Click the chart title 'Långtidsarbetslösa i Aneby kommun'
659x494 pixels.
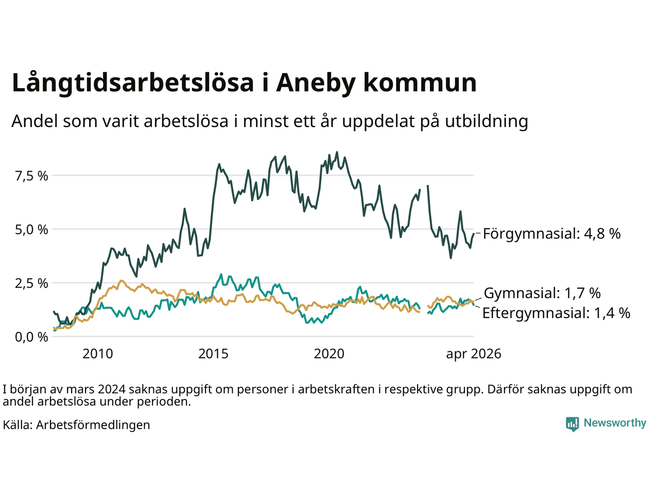244,83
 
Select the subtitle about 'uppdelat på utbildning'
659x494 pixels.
270,121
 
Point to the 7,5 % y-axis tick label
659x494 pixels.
31,176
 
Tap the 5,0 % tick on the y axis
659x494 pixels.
31,230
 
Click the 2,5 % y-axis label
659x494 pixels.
31,284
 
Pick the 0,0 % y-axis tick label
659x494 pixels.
31,337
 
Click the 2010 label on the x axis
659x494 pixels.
98,354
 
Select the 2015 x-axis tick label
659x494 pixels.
213,354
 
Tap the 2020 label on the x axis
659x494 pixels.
329,354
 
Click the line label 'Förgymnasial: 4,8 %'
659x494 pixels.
552,234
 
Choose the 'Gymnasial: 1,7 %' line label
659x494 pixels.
542,293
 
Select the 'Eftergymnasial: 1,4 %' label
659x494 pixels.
557,313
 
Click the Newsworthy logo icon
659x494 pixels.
573,424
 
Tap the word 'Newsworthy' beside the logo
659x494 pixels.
615,423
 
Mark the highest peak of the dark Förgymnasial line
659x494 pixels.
337,152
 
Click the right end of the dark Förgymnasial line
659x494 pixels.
474,234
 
